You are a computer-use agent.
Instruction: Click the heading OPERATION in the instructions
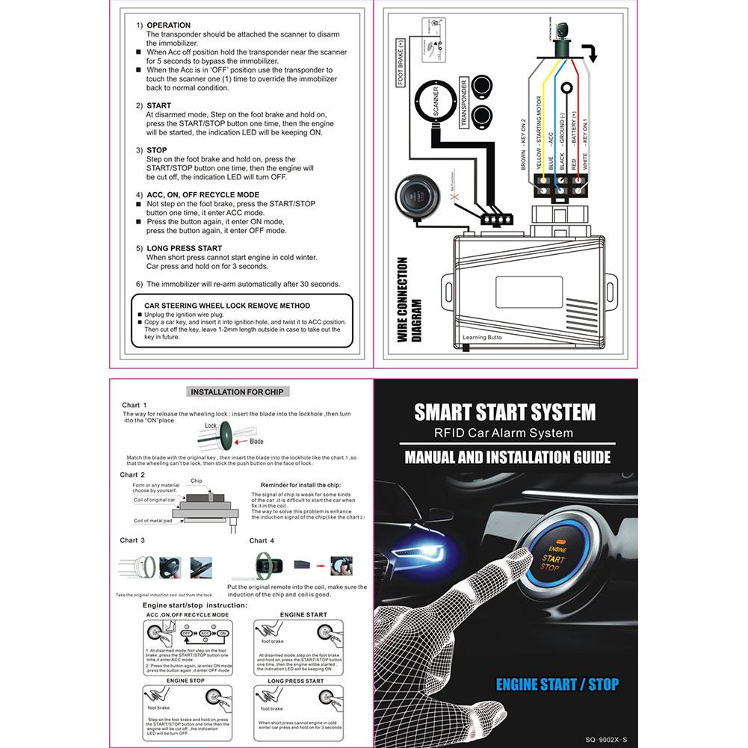pyautogui.click(x=168, y=25)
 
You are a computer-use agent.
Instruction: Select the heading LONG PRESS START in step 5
pyautogui.click(x=184, y=248)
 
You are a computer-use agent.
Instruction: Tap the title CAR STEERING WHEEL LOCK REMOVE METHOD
pyautogui.click(x=226, y=306)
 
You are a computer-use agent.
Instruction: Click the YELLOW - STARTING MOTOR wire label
pyautogui.click(x=537, y=134)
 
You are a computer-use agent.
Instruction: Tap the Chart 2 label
pyautogui.click(x=132, y=475)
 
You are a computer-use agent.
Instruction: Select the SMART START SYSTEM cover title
pyautogui.click(x=504, y=412)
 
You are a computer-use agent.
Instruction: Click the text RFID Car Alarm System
pyautogui.click(x=504, y=433)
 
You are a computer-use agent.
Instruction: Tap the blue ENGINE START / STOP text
pyautogui.click(x=557, y=684)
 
